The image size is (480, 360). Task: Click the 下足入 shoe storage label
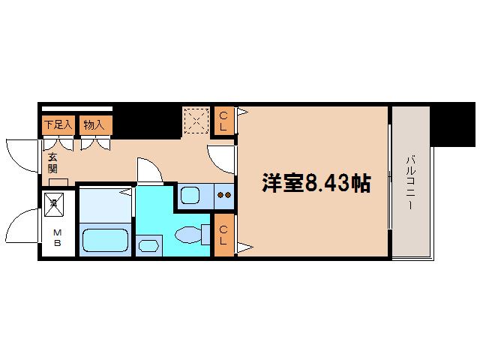tap(58, 124)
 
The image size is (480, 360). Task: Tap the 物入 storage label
tap(94, 124)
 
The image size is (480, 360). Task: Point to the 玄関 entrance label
tap(53, 163)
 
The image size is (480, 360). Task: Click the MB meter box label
tap(57, 237)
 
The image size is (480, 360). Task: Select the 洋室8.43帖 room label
tap(315, 183)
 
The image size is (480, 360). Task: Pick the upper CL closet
tap(223, 121)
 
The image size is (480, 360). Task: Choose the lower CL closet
tap(223, 235)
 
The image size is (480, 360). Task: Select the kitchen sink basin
tap(190, 196)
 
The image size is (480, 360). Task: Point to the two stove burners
tap(223, 196)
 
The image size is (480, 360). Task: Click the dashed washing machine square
tap(196, 120)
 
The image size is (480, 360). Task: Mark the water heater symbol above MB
tap(54, 201)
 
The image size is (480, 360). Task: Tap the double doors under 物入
tap(94, 142)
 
